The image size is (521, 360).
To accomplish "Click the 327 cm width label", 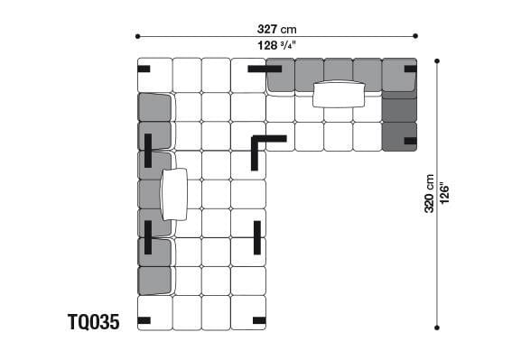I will (276, 27).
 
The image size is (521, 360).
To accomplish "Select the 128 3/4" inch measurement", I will (276, 46).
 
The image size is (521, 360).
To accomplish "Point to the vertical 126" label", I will (444, 194).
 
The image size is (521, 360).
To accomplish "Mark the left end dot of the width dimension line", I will (137, 37).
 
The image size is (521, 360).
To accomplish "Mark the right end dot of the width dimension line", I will (415, 37).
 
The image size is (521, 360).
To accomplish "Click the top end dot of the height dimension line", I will (437, 60).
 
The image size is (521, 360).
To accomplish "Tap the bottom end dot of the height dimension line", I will (437, 328).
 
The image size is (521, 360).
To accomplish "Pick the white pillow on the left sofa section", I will (173, 194).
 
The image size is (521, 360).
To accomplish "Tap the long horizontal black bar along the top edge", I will (265, 68).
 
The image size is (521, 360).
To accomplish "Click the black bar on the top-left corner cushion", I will (144, 69).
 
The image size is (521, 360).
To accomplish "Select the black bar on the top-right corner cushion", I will (410, 69).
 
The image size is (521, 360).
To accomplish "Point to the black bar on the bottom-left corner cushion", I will (144, 319).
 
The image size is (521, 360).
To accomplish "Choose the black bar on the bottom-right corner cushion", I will (259, 319).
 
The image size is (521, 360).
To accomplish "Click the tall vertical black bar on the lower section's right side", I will (257, 237).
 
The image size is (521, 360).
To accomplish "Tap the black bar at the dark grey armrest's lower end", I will (410, 141).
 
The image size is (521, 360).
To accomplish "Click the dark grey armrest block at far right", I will (400, 117).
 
